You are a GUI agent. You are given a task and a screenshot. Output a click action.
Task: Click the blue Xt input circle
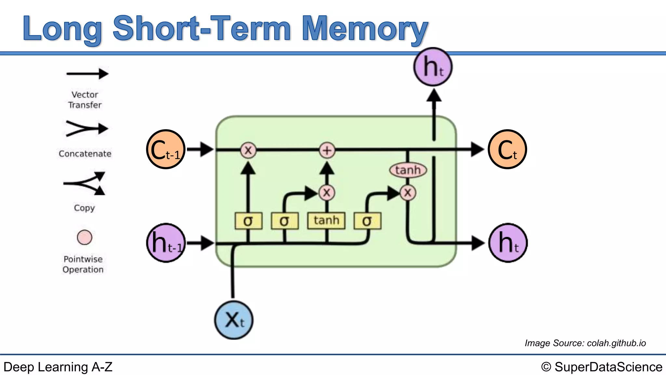point(233,320)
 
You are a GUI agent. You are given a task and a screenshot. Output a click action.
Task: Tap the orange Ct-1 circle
point(166,149)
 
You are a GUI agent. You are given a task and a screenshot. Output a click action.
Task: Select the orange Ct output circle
point(507,149)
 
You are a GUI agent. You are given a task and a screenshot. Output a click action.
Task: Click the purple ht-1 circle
point(166,243)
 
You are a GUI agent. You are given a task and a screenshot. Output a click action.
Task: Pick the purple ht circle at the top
point(433,67)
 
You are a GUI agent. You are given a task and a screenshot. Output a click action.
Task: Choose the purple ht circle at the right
point(508,243)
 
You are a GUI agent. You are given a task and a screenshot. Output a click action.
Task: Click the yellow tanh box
point(326,221)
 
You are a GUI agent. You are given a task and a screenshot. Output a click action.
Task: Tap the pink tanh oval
point(408,170)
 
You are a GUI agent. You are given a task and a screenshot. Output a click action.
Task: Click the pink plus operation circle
point(327,150)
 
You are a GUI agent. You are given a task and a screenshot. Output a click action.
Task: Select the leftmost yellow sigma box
point(248,221)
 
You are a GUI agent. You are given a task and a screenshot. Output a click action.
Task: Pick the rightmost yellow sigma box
point(367,221)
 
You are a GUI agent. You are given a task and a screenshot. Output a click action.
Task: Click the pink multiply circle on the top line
point(248,150)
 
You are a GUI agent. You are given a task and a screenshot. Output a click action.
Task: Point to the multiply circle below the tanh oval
point(408,193)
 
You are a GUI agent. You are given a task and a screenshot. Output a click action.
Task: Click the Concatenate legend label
point(85,154)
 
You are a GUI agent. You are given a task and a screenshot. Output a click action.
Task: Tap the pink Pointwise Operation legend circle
point(85,237)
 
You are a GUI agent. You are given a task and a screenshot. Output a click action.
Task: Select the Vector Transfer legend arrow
point(87,74)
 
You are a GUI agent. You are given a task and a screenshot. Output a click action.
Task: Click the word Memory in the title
point(364,29)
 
